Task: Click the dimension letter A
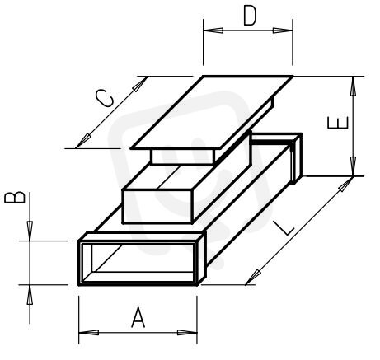point(138,316)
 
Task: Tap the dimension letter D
point(248,16)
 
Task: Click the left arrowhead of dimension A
point(85,333)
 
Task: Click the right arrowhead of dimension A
point(192,333)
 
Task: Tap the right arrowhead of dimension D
point(287,31)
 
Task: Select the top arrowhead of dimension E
point(353,83)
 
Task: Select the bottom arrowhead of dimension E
point(353,170)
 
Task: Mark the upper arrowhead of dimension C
point(142,82)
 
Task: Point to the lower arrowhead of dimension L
point(252,278)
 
